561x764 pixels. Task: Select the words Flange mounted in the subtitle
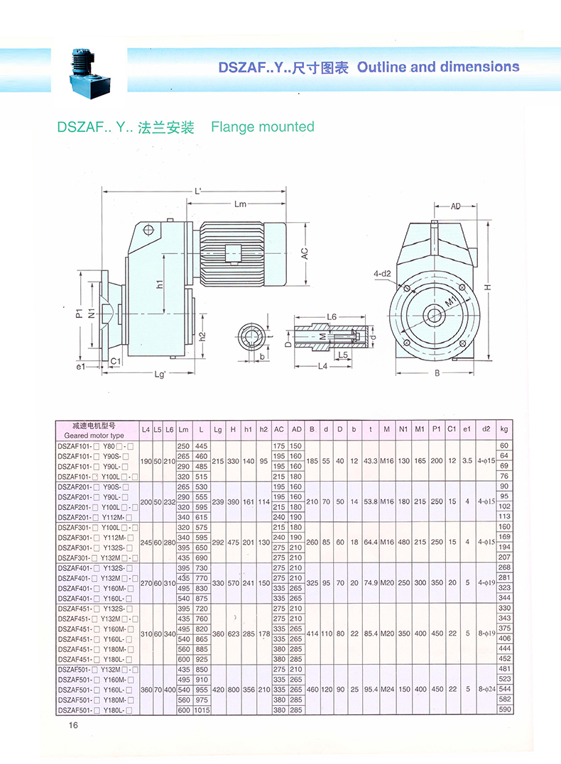point(263,127)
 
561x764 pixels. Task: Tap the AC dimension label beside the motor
point(304,253)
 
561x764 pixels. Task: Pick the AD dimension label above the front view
point(455,206)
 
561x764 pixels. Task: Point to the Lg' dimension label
point(159,374)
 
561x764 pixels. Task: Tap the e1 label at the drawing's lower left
point(80,366)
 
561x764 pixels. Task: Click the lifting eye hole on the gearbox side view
point(148,230)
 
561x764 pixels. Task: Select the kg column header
point(504,429)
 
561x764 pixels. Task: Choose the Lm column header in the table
point(184,429)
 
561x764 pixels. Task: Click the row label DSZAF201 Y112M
point(96,517)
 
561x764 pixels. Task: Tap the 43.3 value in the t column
point(369,460)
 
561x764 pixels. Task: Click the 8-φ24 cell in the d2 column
point(486,689)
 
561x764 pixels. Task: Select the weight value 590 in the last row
point(504,709)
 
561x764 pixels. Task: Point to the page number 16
point(73,725)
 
